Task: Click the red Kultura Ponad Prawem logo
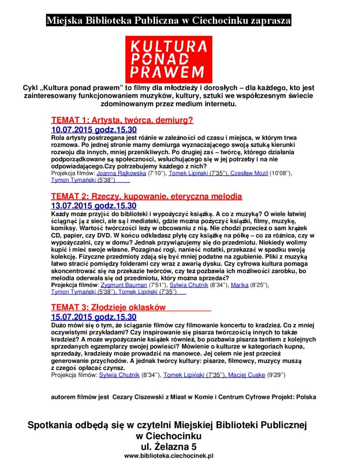click(x=169, y=59)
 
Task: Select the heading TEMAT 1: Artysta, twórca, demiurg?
click(x=122, y=120)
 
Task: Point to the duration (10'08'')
click(x=281, y=173)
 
